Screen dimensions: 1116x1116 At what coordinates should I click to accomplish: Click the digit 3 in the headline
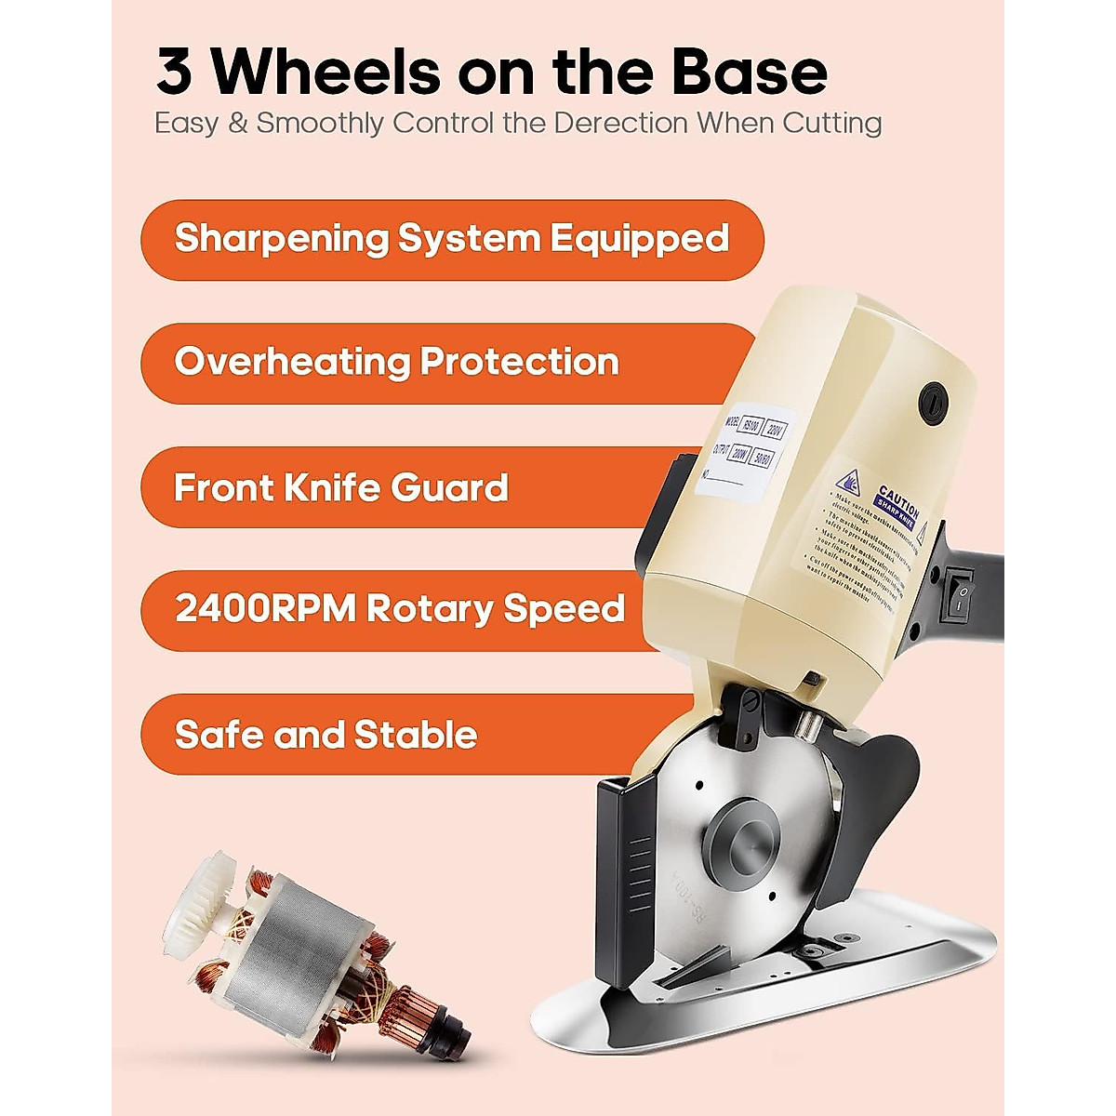coord(174,73)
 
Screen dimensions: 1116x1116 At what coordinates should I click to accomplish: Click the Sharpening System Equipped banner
coord(452,239)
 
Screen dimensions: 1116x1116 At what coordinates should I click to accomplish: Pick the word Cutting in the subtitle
coord(831,124)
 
